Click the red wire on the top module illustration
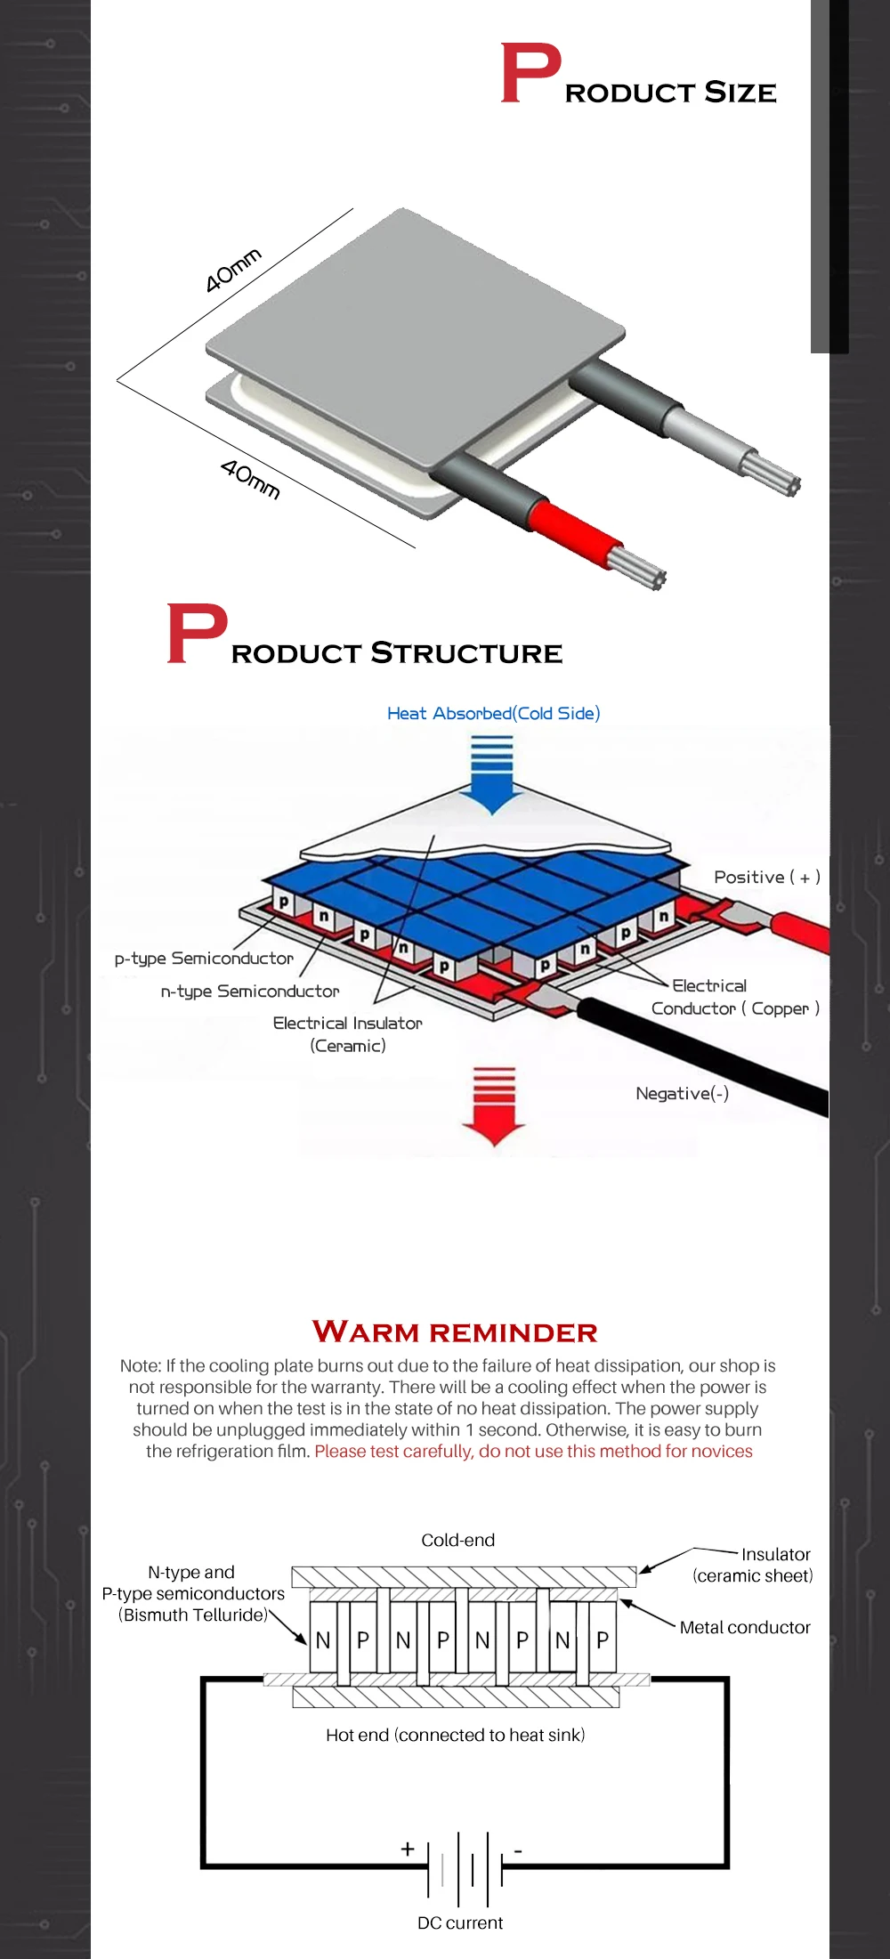570,532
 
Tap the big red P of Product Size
530,74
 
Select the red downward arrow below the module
494,1105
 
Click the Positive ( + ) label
766,878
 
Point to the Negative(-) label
682,1093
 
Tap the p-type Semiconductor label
204,959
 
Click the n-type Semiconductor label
250,992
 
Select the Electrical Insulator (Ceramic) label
347,1034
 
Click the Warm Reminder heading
455,1332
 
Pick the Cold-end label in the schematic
457,1540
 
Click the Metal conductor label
745,1627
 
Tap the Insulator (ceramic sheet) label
753,1565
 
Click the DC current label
459,1923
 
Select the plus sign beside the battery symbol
408,1849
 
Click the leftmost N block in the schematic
323,1639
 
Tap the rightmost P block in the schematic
603,1639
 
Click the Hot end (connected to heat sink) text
455,1735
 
